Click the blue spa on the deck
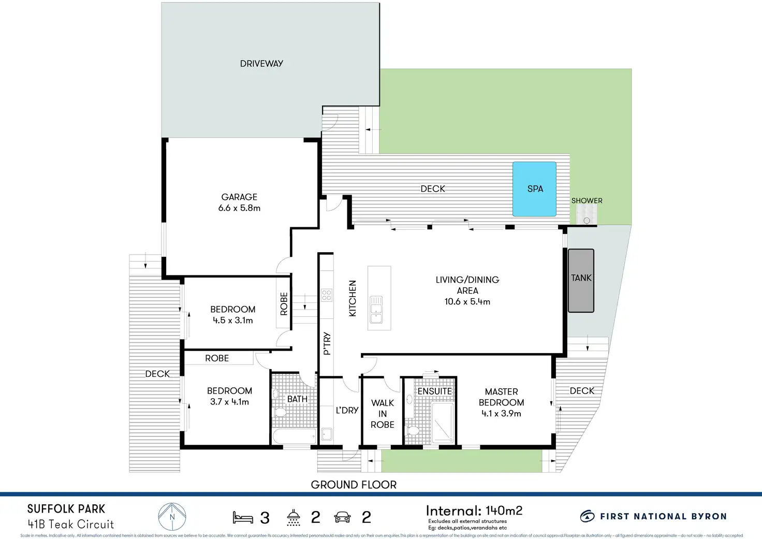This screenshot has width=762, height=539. pyautogui.click(x=534, y=189)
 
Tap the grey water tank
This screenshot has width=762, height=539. pyautogui.click(x=581, y=281)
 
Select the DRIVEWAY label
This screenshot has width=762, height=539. pyautogui.click(x=261, y=64)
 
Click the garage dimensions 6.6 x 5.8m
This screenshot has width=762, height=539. pyautogui.click(x=239, y=208)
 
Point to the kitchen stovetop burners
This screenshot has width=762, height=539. pyautogui.click(x=327, y=296)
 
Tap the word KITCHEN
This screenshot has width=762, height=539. pyautogui.click(x=353, y=298)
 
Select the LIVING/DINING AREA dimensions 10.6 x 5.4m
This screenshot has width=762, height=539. pyautogui.click(x=467, y=302)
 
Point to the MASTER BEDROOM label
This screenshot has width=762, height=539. pyautogui.click(x=501, y=397)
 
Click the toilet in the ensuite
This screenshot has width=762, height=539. pyautogui.click(x=413, y=430)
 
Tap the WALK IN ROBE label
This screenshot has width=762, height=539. pyautogui.click(x=383, y=414)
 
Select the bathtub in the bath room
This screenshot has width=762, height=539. pyautogui.click(x=294, y=436)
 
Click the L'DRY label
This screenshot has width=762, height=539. pyautogui.click(x=347, y=410)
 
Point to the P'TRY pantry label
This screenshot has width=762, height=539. pyautogui.click(x=327, y=344)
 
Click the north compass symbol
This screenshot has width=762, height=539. pyautogui.click(x=172, y=517)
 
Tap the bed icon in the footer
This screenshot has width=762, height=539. pyautogui.click(x=242, y=517)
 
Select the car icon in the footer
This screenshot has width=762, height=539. pyautogui.click(x=342, y=517)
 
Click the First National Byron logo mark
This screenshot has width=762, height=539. pyautogui.click(x=587, y=516)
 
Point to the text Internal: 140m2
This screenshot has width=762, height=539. pyautogui.click(x=474, y=511)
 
